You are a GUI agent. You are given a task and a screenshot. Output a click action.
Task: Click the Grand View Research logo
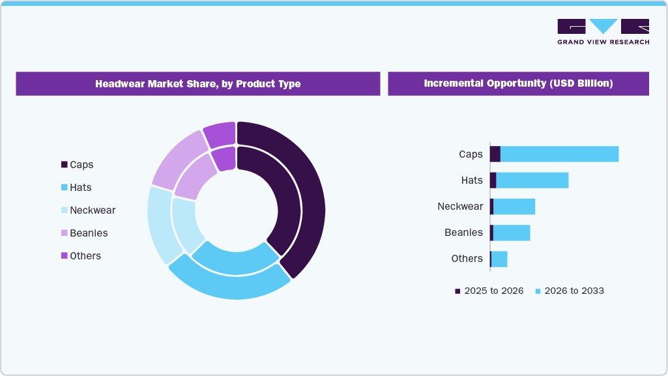point(603,31)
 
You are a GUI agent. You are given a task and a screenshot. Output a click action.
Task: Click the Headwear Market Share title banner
point(197,84)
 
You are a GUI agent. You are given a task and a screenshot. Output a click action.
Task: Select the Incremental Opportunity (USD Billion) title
point(518,84)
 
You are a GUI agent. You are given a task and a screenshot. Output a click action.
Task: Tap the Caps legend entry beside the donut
point(78,165)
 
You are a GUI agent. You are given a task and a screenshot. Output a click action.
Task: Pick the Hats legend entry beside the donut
point(76,188)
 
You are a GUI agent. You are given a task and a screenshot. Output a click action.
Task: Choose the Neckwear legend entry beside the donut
point(88,210)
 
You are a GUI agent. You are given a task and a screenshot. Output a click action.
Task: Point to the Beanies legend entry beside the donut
point(84,233)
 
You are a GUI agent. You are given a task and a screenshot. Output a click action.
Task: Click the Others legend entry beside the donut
point(81,256)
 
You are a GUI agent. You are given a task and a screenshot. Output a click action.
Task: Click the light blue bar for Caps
point(559,154)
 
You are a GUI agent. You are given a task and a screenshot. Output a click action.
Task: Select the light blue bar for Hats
point(532,181)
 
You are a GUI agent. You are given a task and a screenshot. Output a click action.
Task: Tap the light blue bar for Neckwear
point(514,207)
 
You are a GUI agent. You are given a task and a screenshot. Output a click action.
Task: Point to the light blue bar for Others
point(499,259)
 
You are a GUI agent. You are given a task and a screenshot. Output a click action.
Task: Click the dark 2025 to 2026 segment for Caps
point(495,154)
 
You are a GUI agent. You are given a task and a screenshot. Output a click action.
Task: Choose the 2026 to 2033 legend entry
point(569,291)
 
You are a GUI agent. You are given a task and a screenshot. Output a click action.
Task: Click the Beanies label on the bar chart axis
point(463,233)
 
